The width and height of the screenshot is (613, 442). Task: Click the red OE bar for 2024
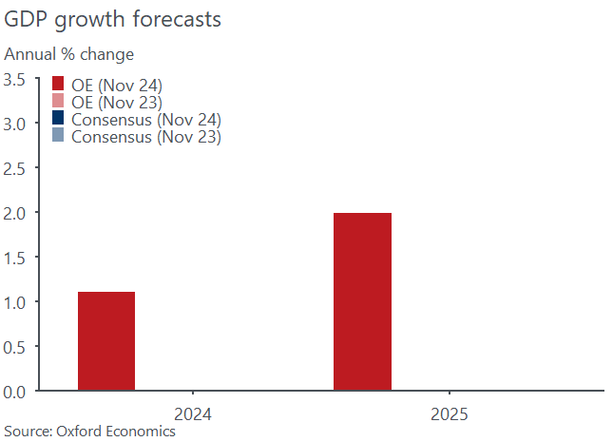(106, 341)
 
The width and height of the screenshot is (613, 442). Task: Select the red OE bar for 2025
(362, 301)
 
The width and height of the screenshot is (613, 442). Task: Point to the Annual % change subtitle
(69, 54)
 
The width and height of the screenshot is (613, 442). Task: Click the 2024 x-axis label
(193, 414)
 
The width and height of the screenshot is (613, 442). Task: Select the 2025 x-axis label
(449, 414)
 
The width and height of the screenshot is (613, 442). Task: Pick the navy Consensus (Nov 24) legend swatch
(58, 120)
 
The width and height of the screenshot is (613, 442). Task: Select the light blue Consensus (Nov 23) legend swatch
(58, 137)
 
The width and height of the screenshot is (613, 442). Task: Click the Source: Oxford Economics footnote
(90, 432)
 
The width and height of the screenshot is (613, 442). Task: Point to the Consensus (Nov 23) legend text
(146, 137)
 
